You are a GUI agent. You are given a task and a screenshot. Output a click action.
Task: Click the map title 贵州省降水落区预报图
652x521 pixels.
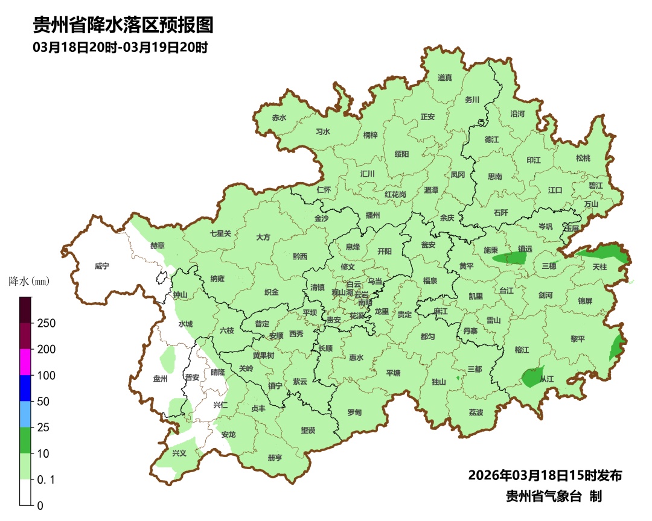click(123, 25)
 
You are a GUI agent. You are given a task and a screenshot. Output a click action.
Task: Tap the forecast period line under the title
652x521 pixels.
click(120, 48)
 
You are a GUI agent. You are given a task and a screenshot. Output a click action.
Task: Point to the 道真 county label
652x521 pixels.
click(445, 78)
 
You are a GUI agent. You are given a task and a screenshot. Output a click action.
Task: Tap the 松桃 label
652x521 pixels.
click(583, 159)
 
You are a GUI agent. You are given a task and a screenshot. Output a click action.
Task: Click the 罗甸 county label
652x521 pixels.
click(354, 412)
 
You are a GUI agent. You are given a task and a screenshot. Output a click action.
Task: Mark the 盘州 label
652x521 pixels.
click(160, 379)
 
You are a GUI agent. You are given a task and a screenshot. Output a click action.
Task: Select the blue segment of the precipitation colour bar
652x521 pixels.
click(25, 388)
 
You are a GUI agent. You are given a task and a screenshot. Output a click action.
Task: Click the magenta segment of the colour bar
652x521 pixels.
click(25, 362)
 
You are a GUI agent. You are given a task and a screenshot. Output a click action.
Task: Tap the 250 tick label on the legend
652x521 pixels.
click(46, 323)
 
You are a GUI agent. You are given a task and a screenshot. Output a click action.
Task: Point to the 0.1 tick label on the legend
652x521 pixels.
click(46, 480)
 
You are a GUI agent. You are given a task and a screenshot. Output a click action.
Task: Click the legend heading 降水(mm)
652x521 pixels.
click(29, 281)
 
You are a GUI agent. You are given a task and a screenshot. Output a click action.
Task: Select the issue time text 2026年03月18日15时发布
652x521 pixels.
click(545, 475)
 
